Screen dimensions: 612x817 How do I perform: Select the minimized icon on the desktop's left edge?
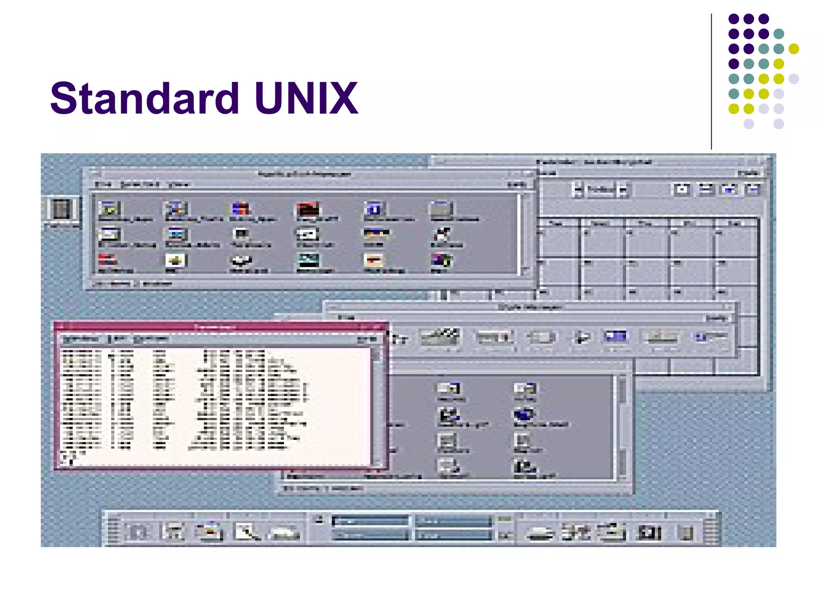[x=61, y=209]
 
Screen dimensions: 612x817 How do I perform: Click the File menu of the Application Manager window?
[x=103, y=184]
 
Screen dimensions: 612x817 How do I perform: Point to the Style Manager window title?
[x=529, y=307]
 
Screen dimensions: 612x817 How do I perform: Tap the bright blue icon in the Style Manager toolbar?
[x=616, y=337]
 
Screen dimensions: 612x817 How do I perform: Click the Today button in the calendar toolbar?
[x=600, y=190]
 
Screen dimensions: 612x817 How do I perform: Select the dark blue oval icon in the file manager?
[x=524, y=414]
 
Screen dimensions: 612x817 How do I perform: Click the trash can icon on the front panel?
[x=686, y=533]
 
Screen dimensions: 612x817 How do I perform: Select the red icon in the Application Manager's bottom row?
[x=107, y=260]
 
